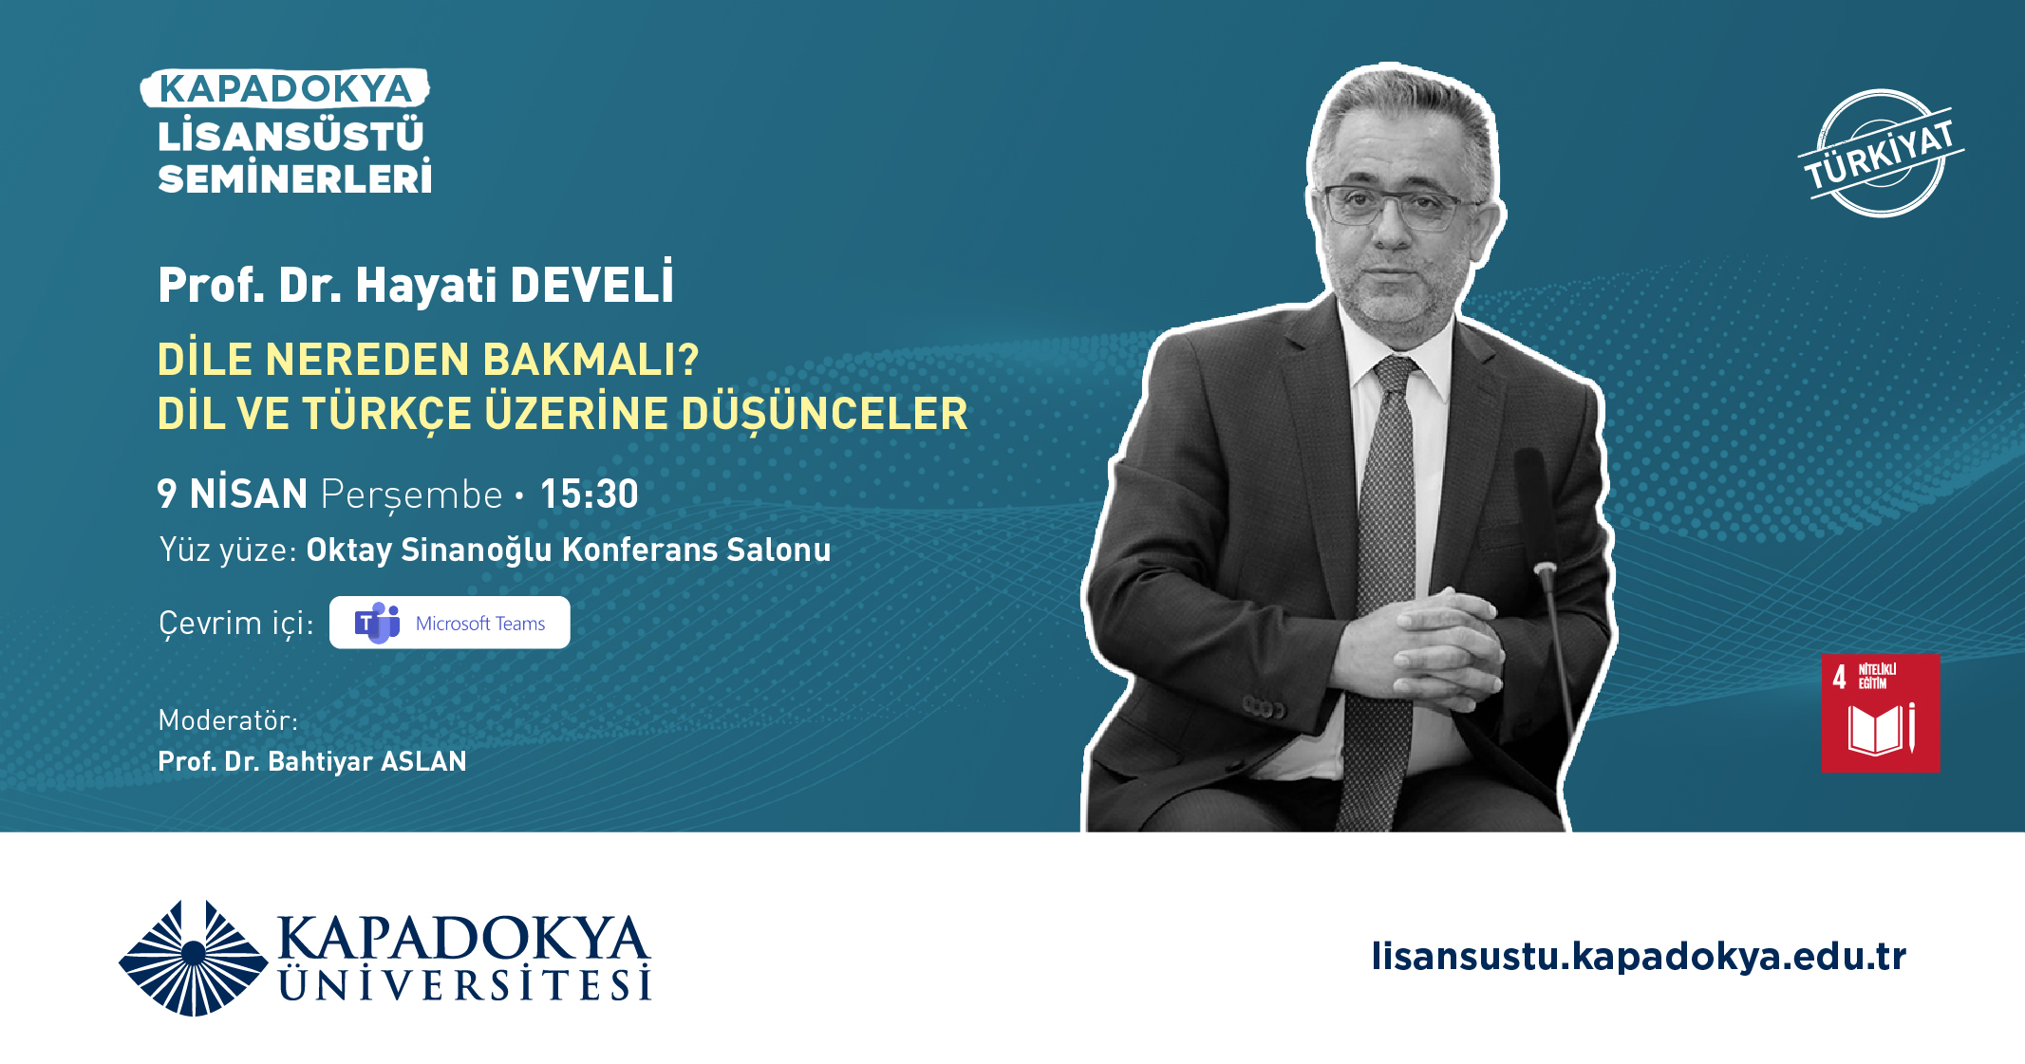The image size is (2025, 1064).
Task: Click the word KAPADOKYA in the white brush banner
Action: point(285,88)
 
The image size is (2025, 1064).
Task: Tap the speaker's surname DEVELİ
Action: point(592,283)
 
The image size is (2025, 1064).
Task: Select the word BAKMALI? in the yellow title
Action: point(591,359)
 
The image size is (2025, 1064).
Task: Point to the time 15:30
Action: point(590,494)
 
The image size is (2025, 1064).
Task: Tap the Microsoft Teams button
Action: point(450,623)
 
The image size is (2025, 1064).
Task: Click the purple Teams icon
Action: point(377,623)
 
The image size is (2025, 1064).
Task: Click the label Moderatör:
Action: point(228,720)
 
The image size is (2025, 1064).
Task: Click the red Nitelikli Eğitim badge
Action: point(1881,713)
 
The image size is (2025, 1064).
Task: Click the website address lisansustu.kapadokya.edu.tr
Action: point(1639,956)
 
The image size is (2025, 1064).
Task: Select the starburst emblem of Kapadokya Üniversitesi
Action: point(194,957)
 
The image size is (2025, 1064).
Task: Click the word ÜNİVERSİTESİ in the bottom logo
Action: point(465,984)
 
